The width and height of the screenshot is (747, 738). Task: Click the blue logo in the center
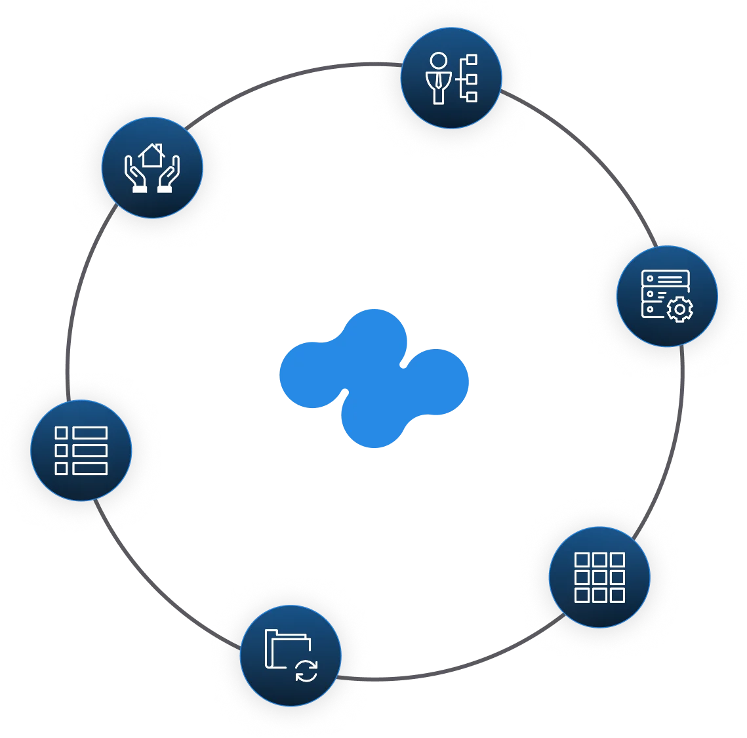374,377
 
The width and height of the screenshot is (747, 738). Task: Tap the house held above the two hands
152,155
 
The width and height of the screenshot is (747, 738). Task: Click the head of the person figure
438,61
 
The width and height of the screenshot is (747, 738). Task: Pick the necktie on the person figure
439,82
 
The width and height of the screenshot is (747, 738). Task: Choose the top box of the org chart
471,60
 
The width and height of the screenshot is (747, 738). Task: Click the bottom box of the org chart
471,96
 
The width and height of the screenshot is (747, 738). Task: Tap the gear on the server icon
679,309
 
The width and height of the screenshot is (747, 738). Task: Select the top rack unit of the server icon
664,278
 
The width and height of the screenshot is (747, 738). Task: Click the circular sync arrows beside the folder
306,670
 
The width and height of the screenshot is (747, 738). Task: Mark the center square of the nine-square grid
599,577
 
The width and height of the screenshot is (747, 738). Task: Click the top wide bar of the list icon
90,433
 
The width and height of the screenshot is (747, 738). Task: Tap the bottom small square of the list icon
61,468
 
